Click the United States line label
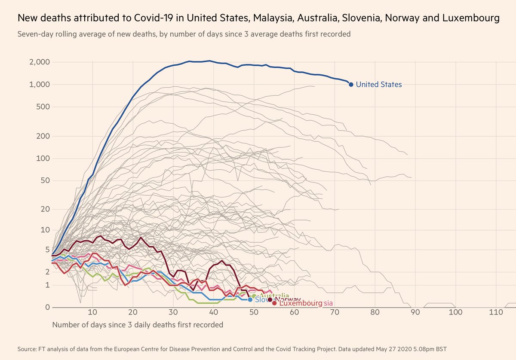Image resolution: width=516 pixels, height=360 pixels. click(379, 85)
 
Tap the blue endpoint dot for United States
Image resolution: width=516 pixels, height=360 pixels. click(351, 85)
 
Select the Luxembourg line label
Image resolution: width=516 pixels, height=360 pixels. click(300, 303)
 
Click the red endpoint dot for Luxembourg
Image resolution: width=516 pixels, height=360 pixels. click(274, 303)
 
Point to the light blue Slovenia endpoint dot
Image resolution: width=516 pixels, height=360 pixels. click(250, 299)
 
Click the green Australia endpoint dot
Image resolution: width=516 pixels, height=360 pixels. click(254, 296)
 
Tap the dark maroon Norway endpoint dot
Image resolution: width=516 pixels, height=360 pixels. click(270, 299)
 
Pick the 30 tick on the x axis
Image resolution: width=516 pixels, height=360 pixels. click(173, 312)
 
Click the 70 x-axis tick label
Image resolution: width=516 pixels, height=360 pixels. click(335, 312)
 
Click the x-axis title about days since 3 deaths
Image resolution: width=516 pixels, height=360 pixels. click(138, 325)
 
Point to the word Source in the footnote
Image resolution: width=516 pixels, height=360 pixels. click(27, 349)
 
